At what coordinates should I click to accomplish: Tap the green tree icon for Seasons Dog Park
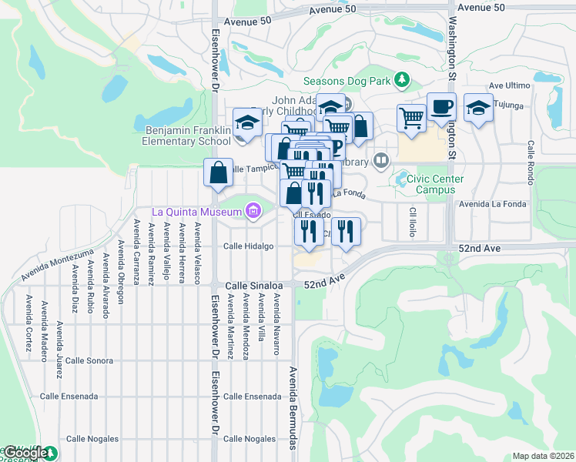[x=400, y=79]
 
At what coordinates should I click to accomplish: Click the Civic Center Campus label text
[x=440, y=184]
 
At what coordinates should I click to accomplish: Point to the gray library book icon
[x=380, y=161]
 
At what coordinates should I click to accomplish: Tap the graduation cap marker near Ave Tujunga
[x=478, y=109]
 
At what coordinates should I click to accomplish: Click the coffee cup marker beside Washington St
[x=442, y=107]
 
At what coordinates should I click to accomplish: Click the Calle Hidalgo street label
[x=248, y=246]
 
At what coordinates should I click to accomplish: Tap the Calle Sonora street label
[x=89, y=360]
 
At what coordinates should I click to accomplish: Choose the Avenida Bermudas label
[x=293, y=408]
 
